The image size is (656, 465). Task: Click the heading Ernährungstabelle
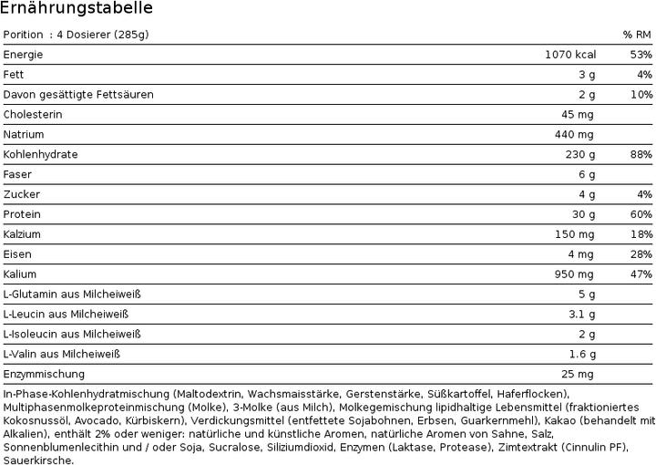[77, 9]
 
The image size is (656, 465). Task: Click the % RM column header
[637, 35]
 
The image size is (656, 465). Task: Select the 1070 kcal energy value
[569, 55]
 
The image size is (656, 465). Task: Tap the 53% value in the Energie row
[641, 55]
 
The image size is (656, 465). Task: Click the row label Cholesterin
[34, 115]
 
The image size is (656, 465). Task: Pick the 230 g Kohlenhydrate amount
[579, 155]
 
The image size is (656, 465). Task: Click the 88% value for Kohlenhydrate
[641, 155]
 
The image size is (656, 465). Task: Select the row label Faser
[18, 174]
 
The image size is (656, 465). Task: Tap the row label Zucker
[22, 194]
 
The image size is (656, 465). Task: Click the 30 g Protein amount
[582, 214]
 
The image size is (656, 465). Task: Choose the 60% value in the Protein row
[641, 214]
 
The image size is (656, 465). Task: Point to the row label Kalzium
[26, 234]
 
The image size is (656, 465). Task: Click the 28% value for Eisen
[641, 254]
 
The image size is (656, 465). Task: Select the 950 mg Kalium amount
[574, 274]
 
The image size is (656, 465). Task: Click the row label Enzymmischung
[44, 374]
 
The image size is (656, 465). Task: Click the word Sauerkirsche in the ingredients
[38, 460]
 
